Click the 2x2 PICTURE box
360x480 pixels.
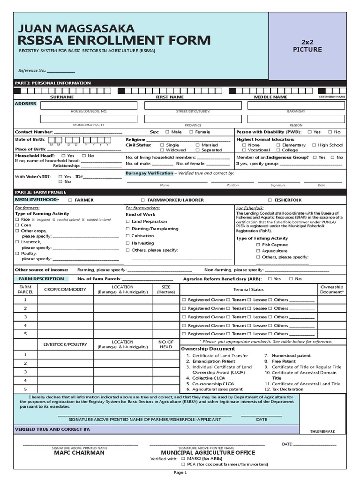point(307,45)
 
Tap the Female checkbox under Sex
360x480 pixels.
point(191,132)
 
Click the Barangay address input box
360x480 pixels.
point(296,105)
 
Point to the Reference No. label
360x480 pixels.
point(32,71)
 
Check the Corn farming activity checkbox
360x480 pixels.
point(17,225)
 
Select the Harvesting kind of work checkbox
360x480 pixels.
point(128,243)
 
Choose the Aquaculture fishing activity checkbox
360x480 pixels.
point(258,251)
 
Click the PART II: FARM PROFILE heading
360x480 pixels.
point(41,192)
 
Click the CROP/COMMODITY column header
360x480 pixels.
point(65,290)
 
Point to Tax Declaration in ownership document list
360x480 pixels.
point(288,389)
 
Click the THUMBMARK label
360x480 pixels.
point(322,431)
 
